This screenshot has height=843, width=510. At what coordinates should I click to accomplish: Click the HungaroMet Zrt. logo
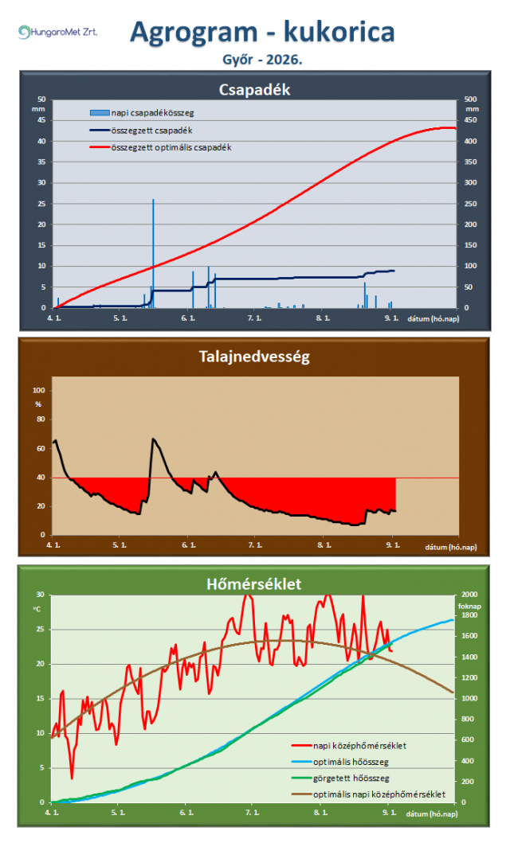point(57,33)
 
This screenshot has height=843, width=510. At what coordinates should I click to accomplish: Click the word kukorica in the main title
point(339,32)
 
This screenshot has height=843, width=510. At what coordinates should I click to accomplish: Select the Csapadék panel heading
point(254,90)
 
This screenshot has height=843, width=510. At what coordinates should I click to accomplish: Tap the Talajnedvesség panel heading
point(254,357)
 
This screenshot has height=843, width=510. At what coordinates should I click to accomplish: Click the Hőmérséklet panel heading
point(254,583)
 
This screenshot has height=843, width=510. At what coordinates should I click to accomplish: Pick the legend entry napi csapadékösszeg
point(142,113)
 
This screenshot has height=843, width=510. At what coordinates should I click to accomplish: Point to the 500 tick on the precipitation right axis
point(470,100)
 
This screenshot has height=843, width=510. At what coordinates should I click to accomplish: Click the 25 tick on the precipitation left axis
point(41,204)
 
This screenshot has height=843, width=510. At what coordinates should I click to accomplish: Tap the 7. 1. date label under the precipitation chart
point(254,318)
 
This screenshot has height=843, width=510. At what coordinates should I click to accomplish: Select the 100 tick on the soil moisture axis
point(39,390)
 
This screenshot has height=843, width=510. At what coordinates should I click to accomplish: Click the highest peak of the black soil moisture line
point(153,439)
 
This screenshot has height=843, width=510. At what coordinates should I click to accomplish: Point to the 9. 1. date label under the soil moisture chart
point(393,545)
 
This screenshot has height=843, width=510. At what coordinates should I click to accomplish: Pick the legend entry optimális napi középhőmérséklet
point(368,794)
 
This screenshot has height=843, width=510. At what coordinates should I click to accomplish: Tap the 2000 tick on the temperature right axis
point(469,595)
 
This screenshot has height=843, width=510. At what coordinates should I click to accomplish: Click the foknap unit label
point(469,606)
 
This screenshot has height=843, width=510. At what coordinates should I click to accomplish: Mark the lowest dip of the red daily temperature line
point(72,778)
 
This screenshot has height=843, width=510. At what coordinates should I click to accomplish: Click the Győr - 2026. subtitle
point(262,59)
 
